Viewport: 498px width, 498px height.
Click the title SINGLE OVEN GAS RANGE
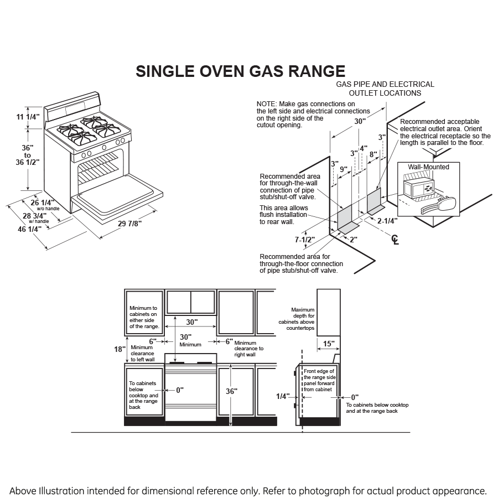[x=241, y=72]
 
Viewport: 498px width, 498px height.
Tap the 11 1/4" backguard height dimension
[x=28, y=117]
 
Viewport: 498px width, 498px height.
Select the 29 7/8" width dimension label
[x=131, y=224]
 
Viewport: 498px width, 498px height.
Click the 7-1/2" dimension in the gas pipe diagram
[x=304, y=240]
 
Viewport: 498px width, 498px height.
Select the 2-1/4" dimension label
[x=387, y=221]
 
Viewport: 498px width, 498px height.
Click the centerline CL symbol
[x=395, y=239]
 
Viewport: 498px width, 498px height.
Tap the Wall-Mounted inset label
[x=428, y=167]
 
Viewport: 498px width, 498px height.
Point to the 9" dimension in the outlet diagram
[x=343, y=169]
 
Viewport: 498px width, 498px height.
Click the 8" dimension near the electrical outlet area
[x=373, y=154]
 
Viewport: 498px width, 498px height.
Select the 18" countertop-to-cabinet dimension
[x=118, y=349]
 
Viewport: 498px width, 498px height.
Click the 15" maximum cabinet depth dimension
[x=329, y=344]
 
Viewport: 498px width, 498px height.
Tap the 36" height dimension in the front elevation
[x=231, y=391]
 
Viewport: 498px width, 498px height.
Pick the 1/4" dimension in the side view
[x=283, y=396]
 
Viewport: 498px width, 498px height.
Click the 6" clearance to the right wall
[x=229, y=341]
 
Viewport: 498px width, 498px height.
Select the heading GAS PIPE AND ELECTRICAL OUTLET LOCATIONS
[x=385, y=89]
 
